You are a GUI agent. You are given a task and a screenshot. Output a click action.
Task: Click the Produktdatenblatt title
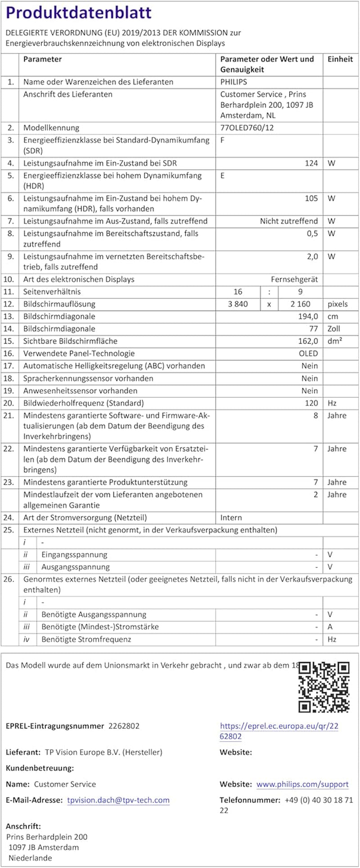pos(79,13)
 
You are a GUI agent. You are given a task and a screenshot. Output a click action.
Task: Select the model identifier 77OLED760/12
pos(247,128)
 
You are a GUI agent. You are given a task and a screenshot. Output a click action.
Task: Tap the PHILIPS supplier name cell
pos(234,82)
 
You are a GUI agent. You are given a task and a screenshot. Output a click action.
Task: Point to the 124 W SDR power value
pos(311,163)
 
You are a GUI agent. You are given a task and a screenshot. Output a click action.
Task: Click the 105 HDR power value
pos(311,198)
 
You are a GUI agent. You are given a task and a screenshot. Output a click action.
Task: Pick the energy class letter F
pos(222,140)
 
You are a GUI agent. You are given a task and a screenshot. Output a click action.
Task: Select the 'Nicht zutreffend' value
pos(289,221)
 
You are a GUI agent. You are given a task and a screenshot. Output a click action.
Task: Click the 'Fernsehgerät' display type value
pos(294,279)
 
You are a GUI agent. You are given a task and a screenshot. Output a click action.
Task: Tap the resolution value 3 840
pos(238,304)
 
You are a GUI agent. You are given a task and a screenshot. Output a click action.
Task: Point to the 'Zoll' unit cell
pos(333,329)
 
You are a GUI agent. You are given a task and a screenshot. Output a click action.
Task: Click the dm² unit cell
pos(335,341)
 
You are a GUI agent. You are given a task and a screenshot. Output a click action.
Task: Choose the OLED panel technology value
pos(308,354)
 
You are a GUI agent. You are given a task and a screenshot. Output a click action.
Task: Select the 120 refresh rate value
pos(311,403)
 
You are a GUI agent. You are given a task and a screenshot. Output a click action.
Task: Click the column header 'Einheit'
pos(340,59)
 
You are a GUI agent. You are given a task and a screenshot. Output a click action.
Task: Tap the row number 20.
pos(9,403)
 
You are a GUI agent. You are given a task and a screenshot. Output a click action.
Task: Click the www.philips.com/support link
pos(302,784)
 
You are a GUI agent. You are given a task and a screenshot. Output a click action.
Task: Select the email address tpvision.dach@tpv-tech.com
pos(118,800)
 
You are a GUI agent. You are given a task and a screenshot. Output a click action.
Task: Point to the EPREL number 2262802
pos(124,726)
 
